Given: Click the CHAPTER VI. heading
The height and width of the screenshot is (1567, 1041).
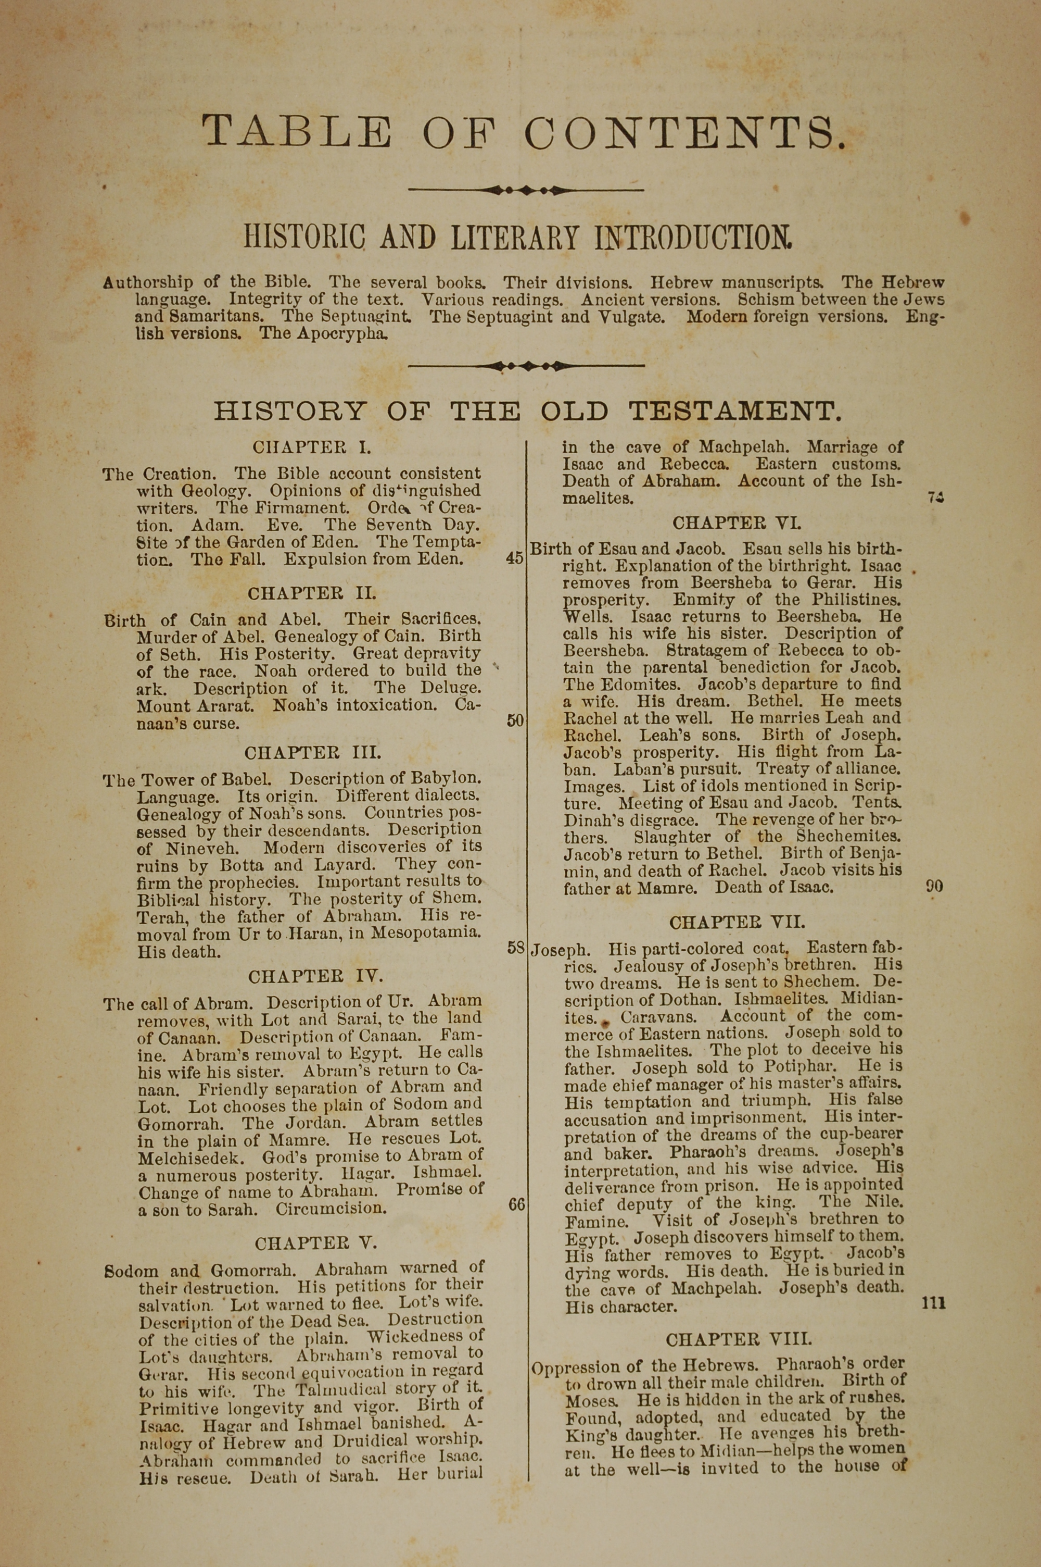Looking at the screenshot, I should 737,523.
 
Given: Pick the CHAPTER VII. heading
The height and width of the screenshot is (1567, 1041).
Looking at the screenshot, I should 737,922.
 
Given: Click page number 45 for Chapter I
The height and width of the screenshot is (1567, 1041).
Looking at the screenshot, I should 515,558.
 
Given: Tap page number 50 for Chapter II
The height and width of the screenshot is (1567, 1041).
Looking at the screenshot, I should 515,721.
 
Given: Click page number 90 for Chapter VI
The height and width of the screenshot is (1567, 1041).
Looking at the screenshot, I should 934,886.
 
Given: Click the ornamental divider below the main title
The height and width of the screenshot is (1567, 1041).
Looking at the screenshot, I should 526,190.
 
